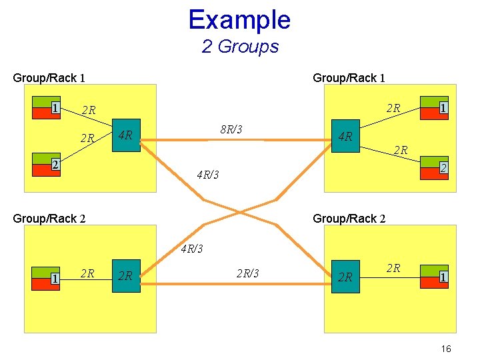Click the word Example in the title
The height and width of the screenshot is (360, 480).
(x=239, y=20)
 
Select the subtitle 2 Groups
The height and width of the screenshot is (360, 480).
(x=240, y=47)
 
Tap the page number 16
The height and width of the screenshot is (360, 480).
(x=446, y=349)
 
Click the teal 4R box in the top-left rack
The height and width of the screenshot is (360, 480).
(x=126, y=137)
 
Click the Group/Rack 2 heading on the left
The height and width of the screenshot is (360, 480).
(x=49, y=219)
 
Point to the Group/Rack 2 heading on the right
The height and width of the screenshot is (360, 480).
(x=349, y=219)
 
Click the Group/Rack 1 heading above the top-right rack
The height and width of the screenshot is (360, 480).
(x=349, y=78)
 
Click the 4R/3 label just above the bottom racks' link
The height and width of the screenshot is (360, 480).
(x=191, y=249)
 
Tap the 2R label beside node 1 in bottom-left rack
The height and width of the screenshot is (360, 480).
(x=87, y=273)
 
